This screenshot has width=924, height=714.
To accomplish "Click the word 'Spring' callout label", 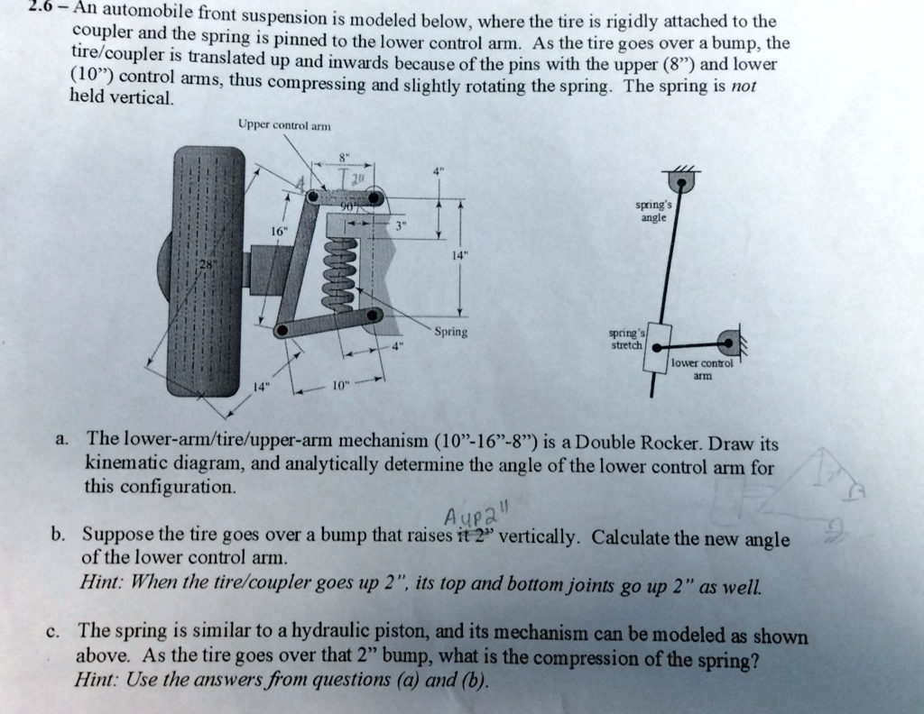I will (x=450, y=331).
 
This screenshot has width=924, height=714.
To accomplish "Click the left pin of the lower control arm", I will (x=282, y=331).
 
